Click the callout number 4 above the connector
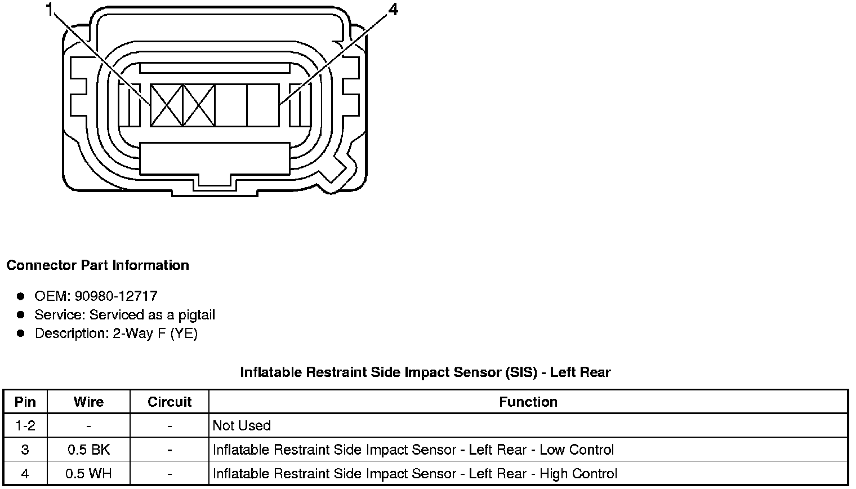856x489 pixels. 393,10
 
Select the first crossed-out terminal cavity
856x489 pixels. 167,105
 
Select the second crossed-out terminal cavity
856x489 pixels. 199,105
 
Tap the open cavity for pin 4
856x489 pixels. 263,105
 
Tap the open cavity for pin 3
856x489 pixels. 231,105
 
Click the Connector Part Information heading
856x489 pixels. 97,265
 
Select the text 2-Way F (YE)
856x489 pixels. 155,334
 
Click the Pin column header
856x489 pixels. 25,402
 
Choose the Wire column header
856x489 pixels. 88,402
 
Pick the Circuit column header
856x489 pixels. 170,402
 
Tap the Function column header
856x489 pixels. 528,402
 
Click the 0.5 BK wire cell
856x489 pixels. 88,450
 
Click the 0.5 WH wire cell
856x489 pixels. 88,474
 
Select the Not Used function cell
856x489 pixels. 242,426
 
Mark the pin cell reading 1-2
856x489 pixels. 25,426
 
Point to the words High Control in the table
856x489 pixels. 578,474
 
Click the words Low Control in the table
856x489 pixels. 577,450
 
